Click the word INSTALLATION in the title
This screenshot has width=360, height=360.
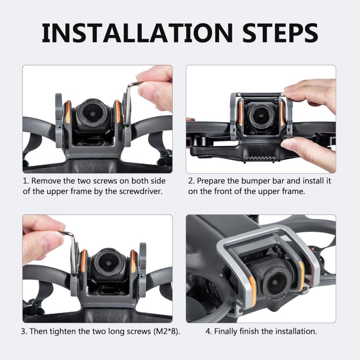pyautogui.click(x=137, y=32)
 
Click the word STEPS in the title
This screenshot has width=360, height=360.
pyautogui.click(x=280, y=32)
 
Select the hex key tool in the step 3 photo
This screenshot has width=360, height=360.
pyautogui.click(x=70, y=252)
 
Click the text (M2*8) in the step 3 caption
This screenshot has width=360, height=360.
pyautogui.click(x=166, y=331)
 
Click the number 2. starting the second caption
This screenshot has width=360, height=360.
pyautogui.click(x=192, y=181)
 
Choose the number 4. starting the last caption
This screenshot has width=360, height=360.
pyautogui.click(x=209, y=332)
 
